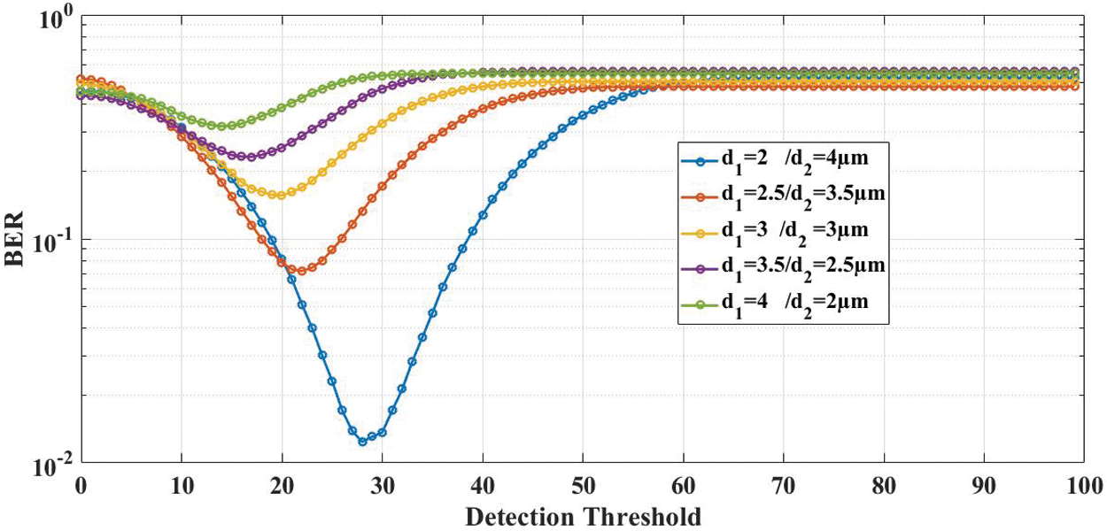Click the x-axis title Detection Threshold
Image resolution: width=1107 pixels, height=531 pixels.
tap(583, 516)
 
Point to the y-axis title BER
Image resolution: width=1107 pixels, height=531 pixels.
tap(20, 239)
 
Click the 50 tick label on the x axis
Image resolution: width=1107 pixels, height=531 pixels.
tap(582, 485)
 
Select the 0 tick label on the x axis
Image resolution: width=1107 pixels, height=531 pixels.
tap(81, 485)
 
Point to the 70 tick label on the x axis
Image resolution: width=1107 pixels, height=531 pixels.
tap(782, 485)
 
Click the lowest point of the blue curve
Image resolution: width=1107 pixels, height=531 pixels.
tap(362, 440)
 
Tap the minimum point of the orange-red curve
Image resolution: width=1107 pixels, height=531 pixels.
tap(302, 271)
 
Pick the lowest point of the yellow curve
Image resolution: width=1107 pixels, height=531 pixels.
tap(282, 195)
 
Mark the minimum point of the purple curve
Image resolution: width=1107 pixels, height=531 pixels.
tap(252, 157)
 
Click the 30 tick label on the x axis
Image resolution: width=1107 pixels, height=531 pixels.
tap(382, 485)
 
